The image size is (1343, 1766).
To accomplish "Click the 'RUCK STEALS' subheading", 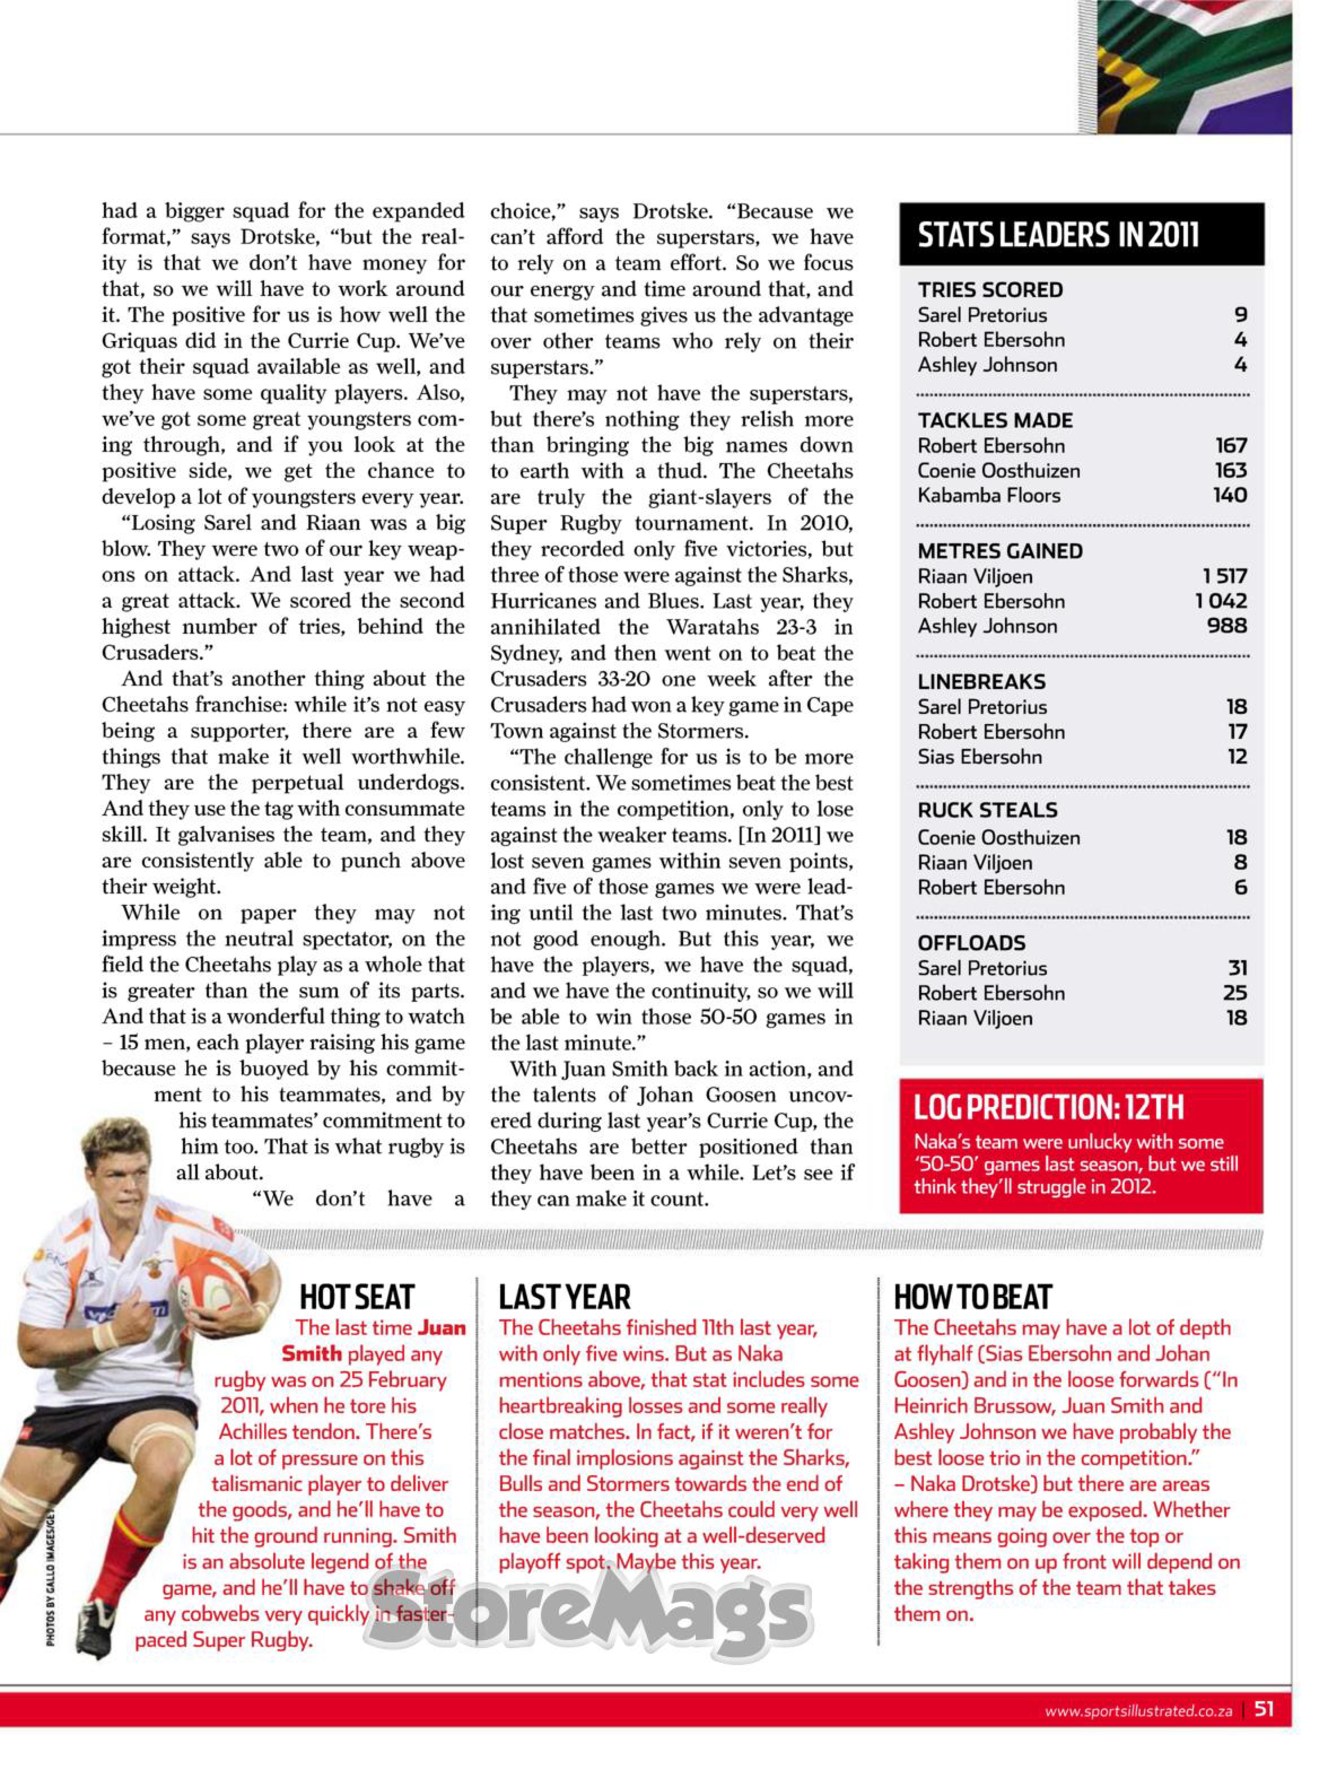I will click(987, 811).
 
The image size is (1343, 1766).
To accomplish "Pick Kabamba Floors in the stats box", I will click(989, 496).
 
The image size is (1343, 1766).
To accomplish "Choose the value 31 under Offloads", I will click(1237, 968).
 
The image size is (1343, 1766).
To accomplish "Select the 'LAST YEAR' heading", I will click(564, 1297).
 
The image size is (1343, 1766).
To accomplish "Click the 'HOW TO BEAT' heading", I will click(972, 1297).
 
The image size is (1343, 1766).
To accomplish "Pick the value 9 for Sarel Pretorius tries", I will click(1241, 315).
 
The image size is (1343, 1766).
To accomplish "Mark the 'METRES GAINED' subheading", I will click(1000, 552).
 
